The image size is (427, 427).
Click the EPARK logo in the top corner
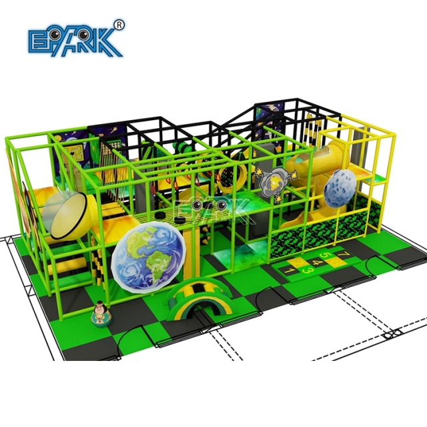click(74, 40)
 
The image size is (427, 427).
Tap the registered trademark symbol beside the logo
click(119, 25)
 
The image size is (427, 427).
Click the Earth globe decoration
click(149, 256)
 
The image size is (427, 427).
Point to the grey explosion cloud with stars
click(275, 181)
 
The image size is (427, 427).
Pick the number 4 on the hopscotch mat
click(317, 263)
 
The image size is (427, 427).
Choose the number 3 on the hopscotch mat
click(308, 271)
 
